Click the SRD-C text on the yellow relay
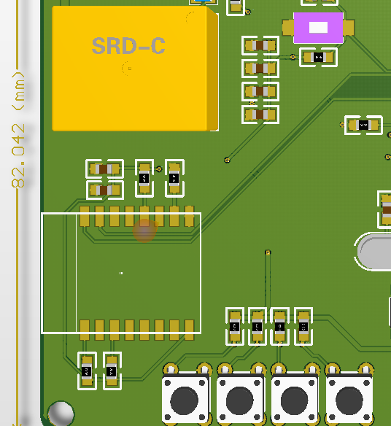point(128,46)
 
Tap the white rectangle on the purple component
point(319,28)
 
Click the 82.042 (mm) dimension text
point(19,128)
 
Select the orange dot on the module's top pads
point(145,231)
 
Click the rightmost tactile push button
point(349,399)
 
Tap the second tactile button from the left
point(240,399)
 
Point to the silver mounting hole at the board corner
point(61,413)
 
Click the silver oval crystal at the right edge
point(375,252)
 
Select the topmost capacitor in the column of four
point(260,46)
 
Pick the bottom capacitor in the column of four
point(260,115)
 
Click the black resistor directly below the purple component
point(319,57)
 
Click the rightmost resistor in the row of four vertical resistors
point(302,326)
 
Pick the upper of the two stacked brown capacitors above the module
point(104,169)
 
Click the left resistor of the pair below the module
point(87,371)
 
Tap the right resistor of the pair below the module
point(112,371)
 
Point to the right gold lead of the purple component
point(348,28)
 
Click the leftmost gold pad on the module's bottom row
point(85,330)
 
